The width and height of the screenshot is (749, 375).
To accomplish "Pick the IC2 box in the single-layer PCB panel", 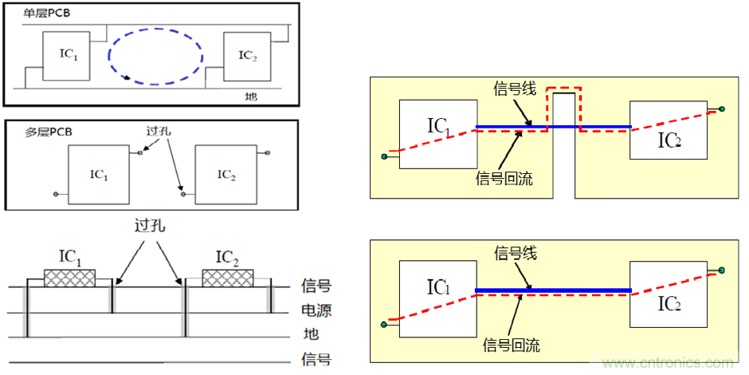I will [x=247, y=57].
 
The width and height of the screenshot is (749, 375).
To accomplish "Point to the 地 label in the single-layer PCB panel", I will [x=251, y=96].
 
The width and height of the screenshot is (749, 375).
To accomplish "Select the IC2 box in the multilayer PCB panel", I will [x=225, y=174].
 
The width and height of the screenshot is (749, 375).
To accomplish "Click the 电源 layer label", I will [x=316, y=310].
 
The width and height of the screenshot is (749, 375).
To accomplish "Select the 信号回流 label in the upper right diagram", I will [x=504, y=178].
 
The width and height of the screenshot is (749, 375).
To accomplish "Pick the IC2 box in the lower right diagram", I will [x=669, y=293].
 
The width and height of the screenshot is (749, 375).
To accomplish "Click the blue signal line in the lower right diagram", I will [x=552, y=290].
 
